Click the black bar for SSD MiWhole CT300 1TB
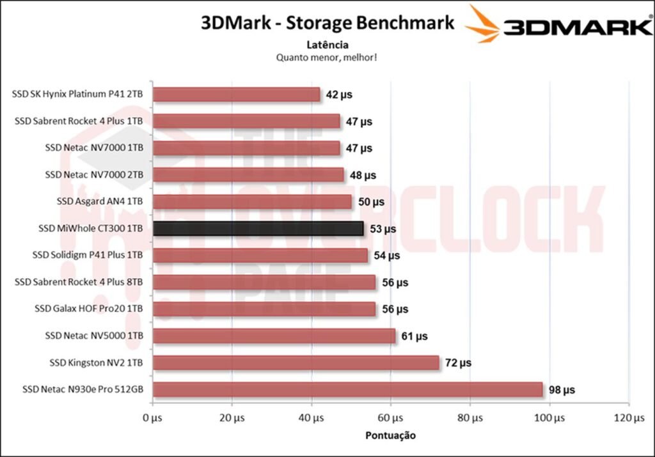pos(258,228)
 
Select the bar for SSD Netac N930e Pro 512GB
pos(347,389)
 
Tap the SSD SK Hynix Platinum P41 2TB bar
pos(237,95)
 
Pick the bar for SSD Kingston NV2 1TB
pos(296,362)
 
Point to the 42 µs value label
pos(338,95)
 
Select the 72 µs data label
pos(458,362)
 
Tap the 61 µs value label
pos(414,336)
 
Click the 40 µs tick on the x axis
pos(312,418)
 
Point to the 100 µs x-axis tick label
pos(549,418)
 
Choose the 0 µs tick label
pos(152,418)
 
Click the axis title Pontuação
pos(390,435)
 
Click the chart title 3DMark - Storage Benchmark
pos(327,23)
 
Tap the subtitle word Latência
pos(327,45)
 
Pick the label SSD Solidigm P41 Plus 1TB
pos(88,255)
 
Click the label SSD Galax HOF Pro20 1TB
pos(89,309)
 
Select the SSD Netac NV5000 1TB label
pos(94,336)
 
